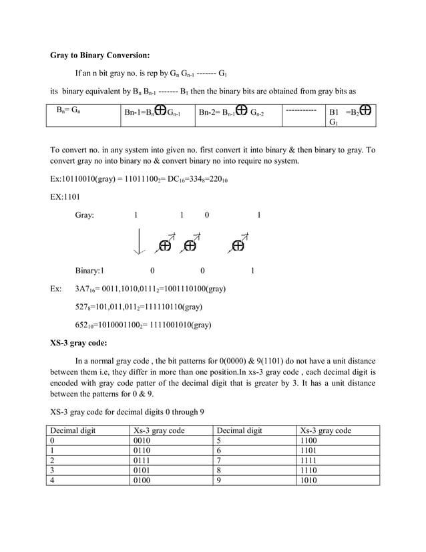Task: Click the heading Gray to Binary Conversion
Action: click(x=100, y=55)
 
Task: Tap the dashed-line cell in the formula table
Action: click(x=300, y=108)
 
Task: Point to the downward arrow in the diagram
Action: click(x=138, y=241)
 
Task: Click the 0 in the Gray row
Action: click(x=206, y=216)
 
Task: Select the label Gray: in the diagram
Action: click(x=84, y=216)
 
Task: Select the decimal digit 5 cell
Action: click(x=219, y=442)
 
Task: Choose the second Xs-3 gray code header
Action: click(x=326, y=430)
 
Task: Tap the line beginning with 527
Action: click(x=139, y=307)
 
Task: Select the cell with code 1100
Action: click(x=309, y=442)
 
